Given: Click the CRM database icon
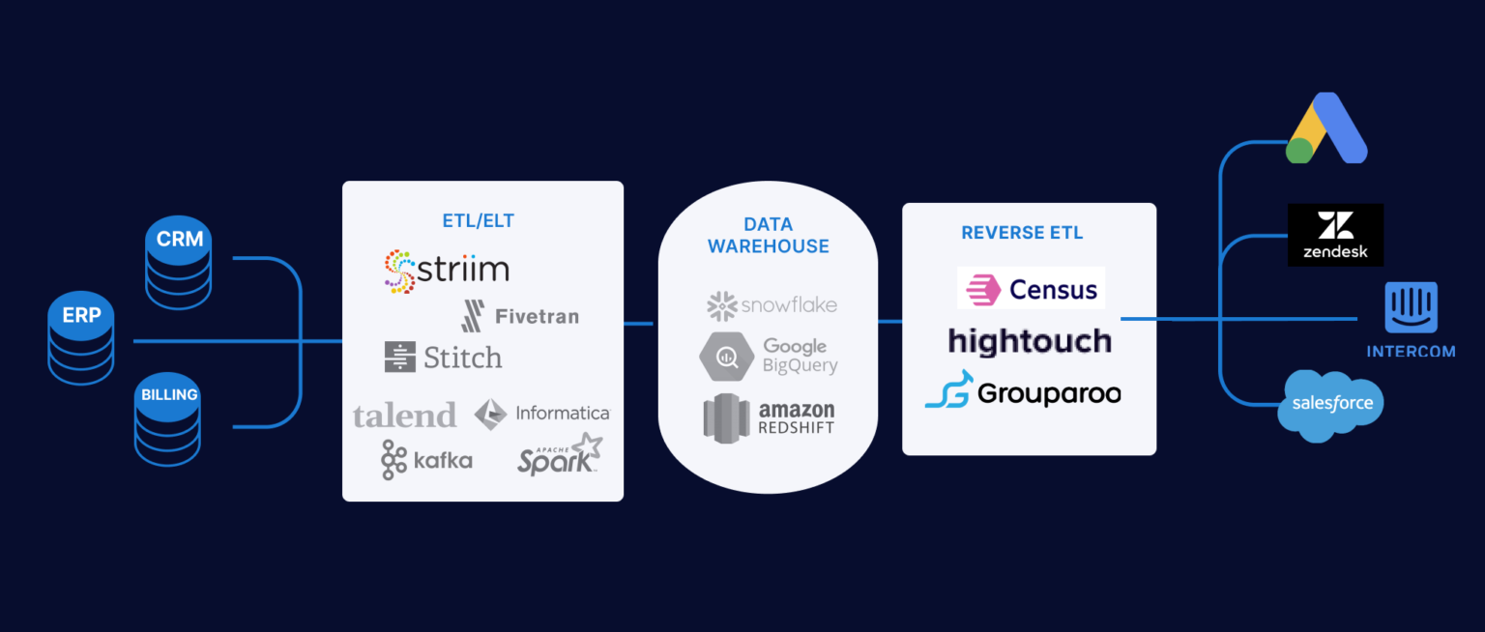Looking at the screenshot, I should (179, 263).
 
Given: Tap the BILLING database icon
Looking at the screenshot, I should (168, 419).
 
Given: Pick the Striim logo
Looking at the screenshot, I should (446, 271).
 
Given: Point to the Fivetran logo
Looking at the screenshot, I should (520, 316).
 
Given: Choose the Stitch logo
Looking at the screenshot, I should (443, 358).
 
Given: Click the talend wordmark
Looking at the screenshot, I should (404, 416).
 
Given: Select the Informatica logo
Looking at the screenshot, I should (542, 414).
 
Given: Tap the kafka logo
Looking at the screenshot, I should (426, 460).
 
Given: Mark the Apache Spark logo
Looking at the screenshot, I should (560, 454).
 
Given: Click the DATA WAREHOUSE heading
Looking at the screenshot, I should (768, 236).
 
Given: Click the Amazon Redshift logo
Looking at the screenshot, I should (769, 417).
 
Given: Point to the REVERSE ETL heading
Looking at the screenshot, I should (1022, 233).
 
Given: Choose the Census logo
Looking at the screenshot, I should (1031, 289).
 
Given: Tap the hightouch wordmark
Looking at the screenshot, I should (1030, 341).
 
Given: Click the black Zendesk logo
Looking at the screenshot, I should (1335, 235).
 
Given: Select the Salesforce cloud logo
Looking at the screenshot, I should (1330, 405).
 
